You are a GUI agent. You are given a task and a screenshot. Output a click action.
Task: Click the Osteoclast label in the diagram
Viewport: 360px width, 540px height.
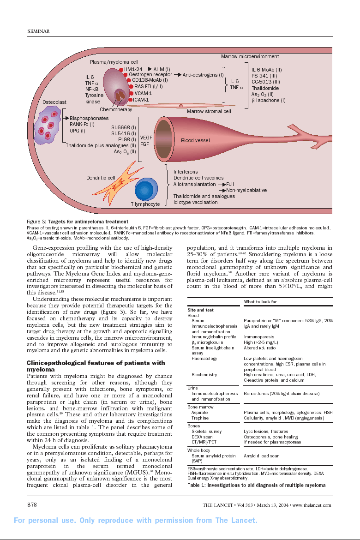(54, 102)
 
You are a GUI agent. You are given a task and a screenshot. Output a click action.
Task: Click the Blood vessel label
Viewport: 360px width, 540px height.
(195, 140)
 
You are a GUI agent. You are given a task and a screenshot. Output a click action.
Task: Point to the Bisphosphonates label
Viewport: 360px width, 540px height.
(89, 118)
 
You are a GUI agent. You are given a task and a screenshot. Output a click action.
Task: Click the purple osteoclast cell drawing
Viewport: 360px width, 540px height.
(49, 124)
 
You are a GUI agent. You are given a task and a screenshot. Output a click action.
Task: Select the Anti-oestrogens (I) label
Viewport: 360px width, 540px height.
(203, 75)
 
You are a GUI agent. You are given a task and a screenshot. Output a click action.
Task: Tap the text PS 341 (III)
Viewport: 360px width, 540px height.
(264, 76)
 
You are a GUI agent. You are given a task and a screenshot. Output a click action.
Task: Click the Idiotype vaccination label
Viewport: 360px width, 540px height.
(195, 202)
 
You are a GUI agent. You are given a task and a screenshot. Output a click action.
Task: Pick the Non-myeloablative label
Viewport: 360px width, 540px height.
(246, 190)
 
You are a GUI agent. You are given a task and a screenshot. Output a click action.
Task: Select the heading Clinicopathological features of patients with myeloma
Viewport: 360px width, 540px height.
(96, 366)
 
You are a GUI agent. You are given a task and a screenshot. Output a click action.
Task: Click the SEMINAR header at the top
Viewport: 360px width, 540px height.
(39, 31)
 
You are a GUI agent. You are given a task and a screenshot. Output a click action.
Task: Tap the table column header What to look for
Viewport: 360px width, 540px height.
(260, 302)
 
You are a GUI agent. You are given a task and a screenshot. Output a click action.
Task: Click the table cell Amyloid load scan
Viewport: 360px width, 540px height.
(261, 456)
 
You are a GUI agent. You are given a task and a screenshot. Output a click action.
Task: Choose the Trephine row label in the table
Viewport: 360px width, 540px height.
(200, 418)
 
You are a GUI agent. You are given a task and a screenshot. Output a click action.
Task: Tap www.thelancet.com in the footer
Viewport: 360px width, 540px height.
(312, 505)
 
